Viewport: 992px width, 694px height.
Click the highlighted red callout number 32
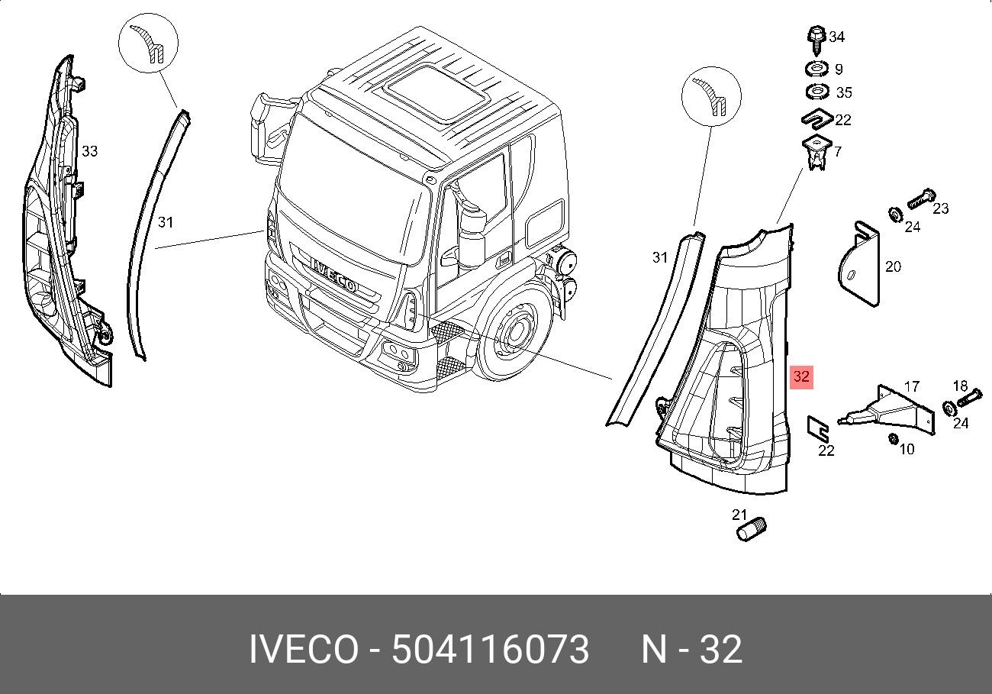coord(801,376)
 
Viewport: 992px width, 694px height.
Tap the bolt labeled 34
coord(816,40)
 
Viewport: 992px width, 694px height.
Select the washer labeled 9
coord(816,69)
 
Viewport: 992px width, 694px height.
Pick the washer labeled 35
coord(817,92)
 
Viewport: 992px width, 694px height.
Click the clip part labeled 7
coord(816,153)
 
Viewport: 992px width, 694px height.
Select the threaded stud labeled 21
coord(751,529)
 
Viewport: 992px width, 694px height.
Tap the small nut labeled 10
coord(893,439)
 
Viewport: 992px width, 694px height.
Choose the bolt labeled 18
coord(969,397)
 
